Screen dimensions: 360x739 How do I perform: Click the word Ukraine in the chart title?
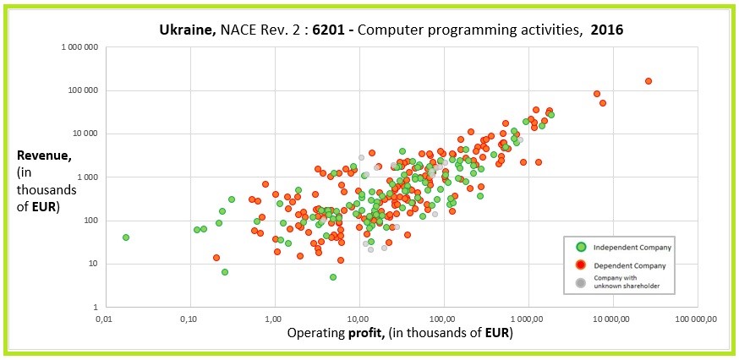click(186, 30)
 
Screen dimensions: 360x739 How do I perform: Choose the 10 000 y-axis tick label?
click(85, 134)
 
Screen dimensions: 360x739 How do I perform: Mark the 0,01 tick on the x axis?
click(104, 319)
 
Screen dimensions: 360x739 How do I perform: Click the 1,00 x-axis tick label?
click(273, 319)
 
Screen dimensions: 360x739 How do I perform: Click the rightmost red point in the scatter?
click(649, 81)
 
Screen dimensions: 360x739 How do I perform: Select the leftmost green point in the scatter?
click(126, 237)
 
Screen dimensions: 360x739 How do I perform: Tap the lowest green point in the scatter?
click(333, 277)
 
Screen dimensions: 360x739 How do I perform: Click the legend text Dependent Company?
click(630, 265)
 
